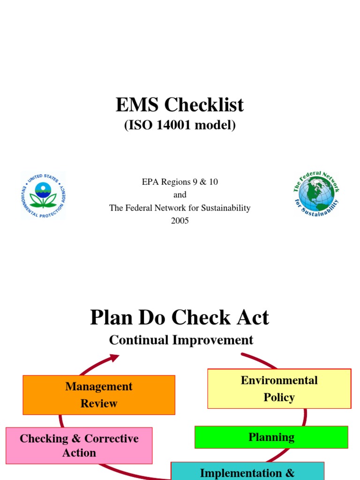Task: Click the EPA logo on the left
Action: [x=43, y=195]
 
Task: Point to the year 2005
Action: [x=180, y=220]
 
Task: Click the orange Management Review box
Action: [x=99, y=395]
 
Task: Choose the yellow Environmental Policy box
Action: [x=279, y=389]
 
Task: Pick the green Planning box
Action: [x=271, y=437]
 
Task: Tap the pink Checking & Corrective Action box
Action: [x=79, y=445]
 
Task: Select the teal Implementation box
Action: [x=247, y=471]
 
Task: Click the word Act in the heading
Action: [x=252, y=318]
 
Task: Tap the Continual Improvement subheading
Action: [x=181, y=340]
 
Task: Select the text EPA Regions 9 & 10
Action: [x=180, y=182]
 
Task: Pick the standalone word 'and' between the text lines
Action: [x=180, y=195]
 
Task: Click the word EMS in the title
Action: [x=136, y=105]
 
